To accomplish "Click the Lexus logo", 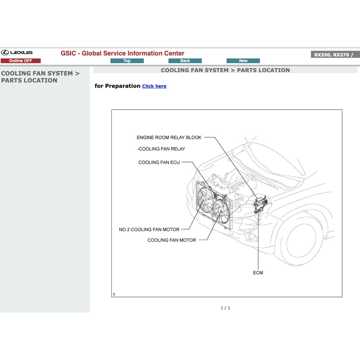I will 17,53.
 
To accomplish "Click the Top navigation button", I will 127,61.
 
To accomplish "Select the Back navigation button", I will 185,61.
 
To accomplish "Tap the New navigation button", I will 243,61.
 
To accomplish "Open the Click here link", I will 154,86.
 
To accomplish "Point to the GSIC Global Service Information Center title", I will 122,53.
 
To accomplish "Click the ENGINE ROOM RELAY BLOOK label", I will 169,137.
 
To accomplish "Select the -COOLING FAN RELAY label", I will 161,149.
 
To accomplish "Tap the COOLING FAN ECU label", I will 159,162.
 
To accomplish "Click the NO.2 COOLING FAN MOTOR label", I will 149,230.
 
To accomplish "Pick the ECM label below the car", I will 258,273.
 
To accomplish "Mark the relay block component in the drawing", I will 261,204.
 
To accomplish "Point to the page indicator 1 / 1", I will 225,308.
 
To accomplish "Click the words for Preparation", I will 117,86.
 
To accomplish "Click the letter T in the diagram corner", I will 114,295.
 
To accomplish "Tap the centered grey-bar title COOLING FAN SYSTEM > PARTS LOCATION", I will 225,70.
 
